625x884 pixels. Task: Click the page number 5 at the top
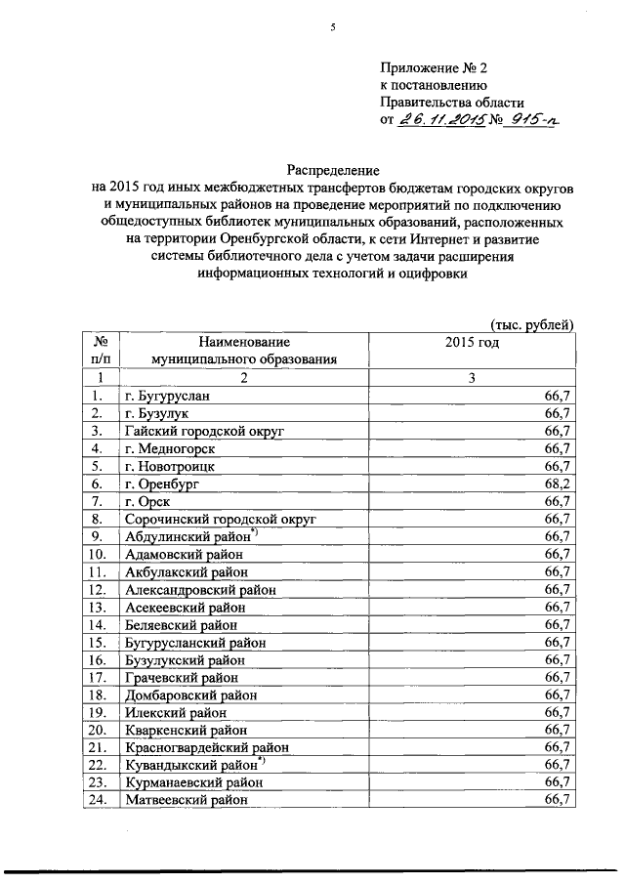331,27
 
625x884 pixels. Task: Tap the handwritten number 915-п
534,119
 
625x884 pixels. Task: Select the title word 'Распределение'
331,169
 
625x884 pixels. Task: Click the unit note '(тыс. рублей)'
530,325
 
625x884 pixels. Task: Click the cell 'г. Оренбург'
162,484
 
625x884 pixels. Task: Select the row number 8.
97,519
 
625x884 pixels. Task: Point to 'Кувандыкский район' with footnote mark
191,764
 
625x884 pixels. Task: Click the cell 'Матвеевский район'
186,799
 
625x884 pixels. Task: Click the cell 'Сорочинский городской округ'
221,519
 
